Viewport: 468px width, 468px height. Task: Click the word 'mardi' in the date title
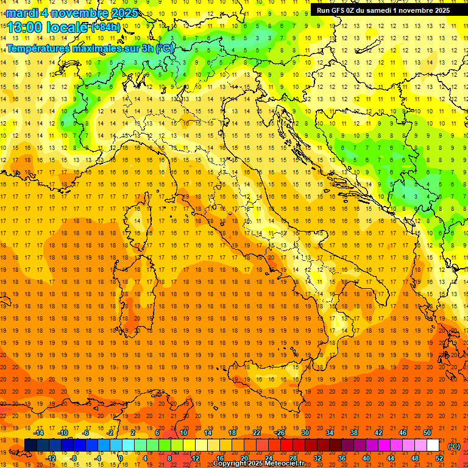22,13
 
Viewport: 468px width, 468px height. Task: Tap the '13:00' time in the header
25,27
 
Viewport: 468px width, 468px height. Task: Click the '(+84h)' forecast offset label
105,27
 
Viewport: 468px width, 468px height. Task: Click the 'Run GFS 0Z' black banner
381,10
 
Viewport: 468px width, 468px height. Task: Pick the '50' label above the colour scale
427,433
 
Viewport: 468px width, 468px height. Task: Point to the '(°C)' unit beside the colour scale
454,446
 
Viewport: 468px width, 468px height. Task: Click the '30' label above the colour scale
305,433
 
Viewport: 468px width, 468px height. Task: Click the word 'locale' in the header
68,27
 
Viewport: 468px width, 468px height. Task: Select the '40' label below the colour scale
366,458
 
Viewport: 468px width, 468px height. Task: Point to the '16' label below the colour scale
220,458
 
